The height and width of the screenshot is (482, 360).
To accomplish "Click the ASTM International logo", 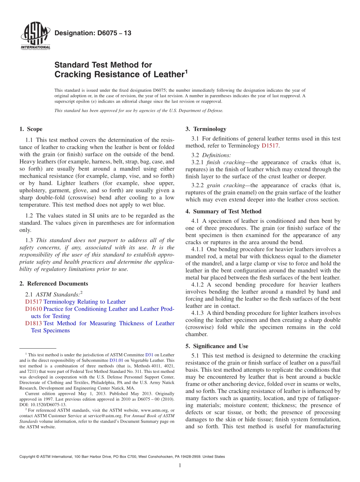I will click(35, 37).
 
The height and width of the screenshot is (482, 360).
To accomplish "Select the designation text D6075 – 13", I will click(93, 33).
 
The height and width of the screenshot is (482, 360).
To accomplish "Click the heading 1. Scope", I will click(31, 129).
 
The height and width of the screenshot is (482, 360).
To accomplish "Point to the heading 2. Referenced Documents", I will click(53, 283).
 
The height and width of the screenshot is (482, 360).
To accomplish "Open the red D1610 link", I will click(33, 309).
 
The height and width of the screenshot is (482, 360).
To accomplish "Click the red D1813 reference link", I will click(33, 323).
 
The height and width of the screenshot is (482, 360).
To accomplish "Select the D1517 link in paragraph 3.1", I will click(270, 146).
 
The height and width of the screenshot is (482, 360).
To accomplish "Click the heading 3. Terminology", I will click(206, 129).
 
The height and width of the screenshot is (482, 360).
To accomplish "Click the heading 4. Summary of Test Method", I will click(223, 211).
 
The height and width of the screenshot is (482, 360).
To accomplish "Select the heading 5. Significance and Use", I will click(217, 346).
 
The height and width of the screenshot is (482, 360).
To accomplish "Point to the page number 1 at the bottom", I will click(180, 466).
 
